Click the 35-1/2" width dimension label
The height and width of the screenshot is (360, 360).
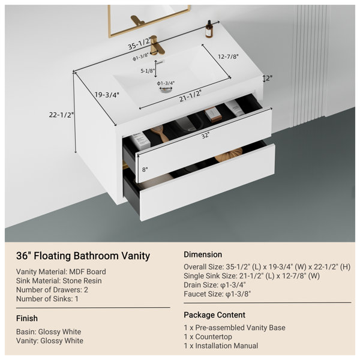click(139, 43)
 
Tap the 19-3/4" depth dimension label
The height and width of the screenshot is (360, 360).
click(107, 95)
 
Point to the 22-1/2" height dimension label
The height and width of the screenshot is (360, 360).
click(61, 115)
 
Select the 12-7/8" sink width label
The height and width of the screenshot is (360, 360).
click(228, 56)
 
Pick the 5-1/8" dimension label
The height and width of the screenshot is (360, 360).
click(148, 71)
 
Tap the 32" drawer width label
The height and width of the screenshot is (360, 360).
click(205, 136)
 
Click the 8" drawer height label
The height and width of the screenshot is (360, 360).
click(145, 170)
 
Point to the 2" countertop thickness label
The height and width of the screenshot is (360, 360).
click(269, 78)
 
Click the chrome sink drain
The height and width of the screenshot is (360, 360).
click(166, 90)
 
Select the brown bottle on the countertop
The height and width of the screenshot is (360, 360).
click(209, 29)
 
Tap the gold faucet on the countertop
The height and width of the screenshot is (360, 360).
click(157, 45)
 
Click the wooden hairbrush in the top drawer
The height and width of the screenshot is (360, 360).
click(160, 133)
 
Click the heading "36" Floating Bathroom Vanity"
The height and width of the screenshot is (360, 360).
click(83, 256)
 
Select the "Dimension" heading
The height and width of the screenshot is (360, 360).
click(203, 254)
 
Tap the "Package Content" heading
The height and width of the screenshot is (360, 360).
click(214, 315)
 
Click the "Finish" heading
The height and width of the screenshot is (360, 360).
click(27, 318)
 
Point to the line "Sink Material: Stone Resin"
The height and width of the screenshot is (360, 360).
click(59, 281)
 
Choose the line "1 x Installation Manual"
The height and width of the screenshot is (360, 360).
click(221, 346)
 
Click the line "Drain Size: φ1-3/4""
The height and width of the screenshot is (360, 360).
click(215, 285)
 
